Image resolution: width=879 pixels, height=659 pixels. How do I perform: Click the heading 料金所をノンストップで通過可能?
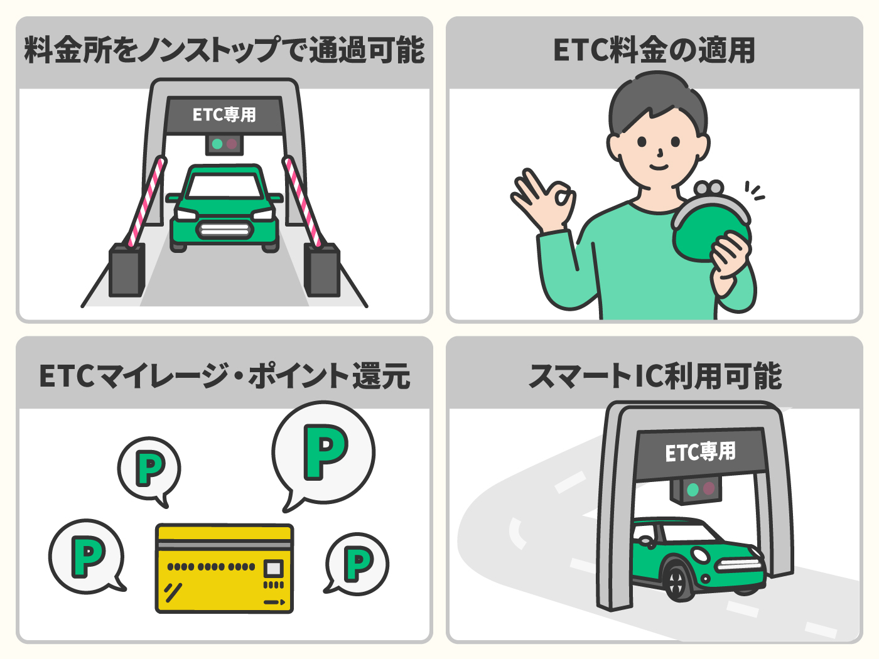click(x=224, y=50)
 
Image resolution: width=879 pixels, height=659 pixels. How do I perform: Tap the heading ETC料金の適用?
click(x=654, y=50)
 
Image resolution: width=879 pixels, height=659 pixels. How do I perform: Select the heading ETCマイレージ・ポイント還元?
click(x=225, y=376)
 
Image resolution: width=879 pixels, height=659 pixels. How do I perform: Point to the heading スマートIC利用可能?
click(x=655, y=376)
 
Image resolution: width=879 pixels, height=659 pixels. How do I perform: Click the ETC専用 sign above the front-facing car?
click(x=224, y=115)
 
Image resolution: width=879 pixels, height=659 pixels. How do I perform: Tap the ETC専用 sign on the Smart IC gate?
click(x=701, y=452)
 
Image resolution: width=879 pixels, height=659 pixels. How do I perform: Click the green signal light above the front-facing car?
click(x=217, y=144)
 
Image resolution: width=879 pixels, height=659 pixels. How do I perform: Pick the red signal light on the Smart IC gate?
click(x=709, y=488)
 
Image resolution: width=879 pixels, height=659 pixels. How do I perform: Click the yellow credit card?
click(x=224, y=568)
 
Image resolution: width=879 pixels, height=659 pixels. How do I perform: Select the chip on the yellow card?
click(x=274, y=569)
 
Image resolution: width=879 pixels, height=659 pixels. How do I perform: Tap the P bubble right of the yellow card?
click(x=356, y=564)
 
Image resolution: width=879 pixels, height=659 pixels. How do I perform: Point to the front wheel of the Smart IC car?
click(x=677, y=581)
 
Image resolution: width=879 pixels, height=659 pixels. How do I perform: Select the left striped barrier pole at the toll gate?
click(x=146, y=201)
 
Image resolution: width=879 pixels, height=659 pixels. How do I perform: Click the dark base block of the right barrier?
click(x=322, y=270)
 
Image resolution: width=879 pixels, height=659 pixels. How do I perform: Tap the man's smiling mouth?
click(x=659, y=167)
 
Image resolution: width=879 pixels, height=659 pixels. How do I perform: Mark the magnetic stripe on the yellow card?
click(x=224, y=544)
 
